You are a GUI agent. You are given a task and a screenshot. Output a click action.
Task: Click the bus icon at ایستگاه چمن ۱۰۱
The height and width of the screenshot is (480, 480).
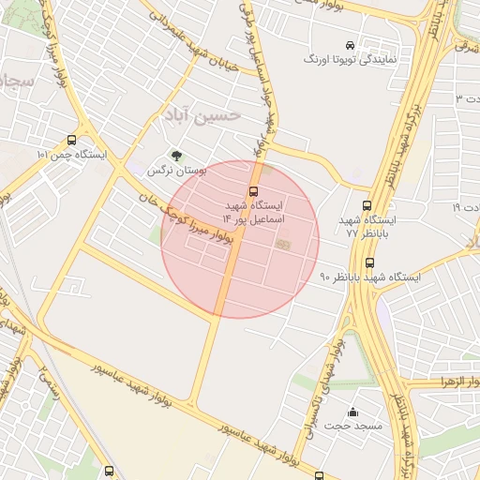pyautogui.click(x=72, y=140)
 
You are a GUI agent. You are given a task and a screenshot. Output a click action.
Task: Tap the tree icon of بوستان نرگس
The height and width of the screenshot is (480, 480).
pyautogui.click(x=175, y=156)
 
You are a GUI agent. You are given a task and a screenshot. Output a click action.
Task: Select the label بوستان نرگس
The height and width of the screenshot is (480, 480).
pyautogui.click(x=175, y=172)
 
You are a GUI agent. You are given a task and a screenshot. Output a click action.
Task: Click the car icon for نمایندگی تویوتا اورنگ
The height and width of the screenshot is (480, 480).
pyautogui.click(x=350, y=45)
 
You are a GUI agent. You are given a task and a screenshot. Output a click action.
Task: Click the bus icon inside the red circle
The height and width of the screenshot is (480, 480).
pyautogui.click(x=253, y=191)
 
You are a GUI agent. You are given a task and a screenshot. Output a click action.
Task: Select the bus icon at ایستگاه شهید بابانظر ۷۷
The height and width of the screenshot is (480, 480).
pyautogui.click(x=366, y=206)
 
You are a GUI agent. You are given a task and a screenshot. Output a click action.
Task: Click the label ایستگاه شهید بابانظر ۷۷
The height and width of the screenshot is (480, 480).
pyautogui.click(x=370, y=225)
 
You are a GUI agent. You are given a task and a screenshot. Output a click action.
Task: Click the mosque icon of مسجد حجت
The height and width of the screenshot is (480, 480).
pyautogui.click(x=353, y=412)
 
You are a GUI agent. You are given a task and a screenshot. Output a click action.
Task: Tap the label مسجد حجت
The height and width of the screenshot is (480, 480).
pyautogui.click(x=353, y=427)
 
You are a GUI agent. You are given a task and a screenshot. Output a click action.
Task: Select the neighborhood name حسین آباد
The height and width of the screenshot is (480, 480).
pyautogui.click(x=202, y=113)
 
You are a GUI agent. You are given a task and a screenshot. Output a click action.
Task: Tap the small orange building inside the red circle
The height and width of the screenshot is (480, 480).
pyautogui.click(x=282, y=245)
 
